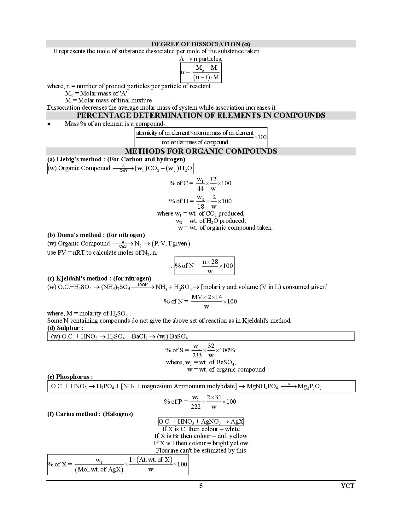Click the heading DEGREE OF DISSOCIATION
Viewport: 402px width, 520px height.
pos(201,44)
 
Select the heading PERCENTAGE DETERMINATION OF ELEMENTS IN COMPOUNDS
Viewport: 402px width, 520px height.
pos(201,115)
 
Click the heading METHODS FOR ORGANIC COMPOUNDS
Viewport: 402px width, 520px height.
pos(201,151)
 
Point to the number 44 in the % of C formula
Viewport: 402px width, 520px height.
pos(200,188)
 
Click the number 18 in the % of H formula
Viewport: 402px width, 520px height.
pos(201,206)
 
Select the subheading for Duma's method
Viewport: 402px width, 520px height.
pos(96,235)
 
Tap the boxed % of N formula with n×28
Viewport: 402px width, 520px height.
pos(204,266)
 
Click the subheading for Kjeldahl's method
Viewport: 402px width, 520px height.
pos(99,278)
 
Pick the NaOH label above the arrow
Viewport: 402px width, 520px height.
pos(143,285)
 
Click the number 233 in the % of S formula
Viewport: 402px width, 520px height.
pos(197,355)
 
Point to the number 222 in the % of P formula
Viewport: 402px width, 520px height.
pos(195,407)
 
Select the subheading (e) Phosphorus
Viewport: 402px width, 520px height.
pos(70,377)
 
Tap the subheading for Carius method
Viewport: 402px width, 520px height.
pos(90,414)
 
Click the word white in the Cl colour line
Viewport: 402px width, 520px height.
pos(232,429)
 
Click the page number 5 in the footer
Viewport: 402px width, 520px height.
pos(201,486)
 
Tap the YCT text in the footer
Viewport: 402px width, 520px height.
pos(347,486)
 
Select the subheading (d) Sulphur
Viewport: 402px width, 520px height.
pos(66,328)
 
